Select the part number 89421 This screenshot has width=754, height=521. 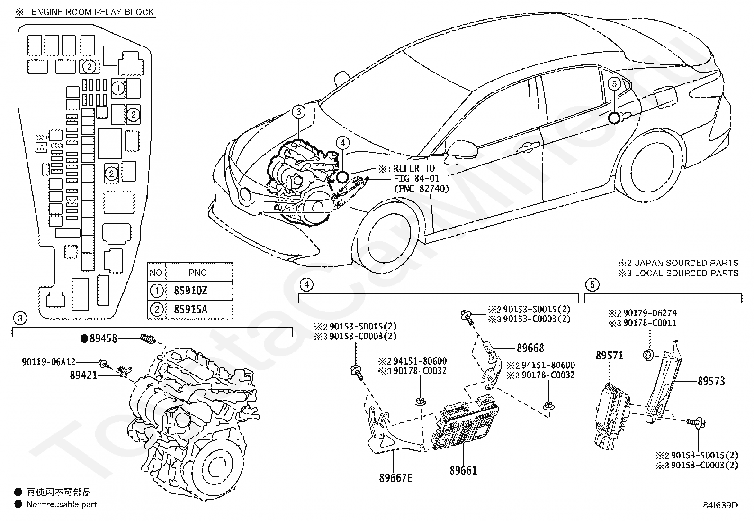click(83, 375)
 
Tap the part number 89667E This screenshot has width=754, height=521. click(395, 478)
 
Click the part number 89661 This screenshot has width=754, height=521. click(463, 470)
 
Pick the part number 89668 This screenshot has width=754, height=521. click(530, 348)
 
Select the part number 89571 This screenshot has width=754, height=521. click(610, 356)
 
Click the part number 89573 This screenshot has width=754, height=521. click(711, 381)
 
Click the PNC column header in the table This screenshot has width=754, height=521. click(197, 273)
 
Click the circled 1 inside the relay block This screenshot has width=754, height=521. click(118, 88)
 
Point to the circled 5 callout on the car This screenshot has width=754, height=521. click(614, 84)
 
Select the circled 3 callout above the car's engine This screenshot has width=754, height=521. click(298, 112)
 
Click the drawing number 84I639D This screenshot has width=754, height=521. click(720, 505)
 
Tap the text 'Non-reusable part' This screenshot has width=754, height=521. click(62, 504)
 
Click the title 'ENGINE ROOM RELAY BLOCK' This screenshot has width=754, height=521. click(93, 12)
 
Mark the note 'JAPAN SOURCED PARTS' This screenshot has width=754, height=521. click(686, 263)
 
